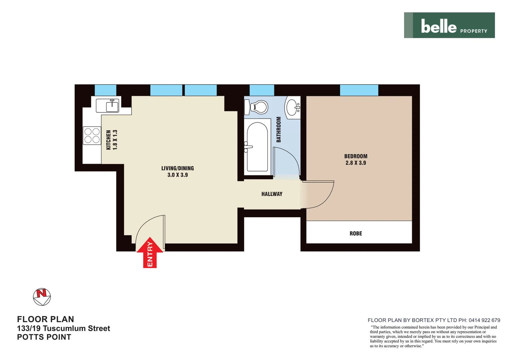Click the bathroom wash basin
coord(293,107)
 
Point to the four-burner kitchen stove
coord(92,136)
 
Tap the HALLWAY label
coord(272,194)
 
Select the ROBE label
coord(356,234)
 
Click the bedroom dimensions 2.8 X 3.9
coord(356,163)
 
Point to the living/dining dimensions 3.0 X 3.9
coord(178,175)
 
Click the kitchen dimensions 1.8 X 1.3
coord(115,140)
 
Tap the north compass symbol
coord(42,297)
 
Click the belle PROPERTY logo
coord(449,25)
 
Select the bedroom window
coord(359,90)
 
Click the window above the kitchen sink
coord(106,90)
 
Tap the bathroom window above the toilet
coord(262,90)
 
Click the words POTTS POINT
coord(44,337)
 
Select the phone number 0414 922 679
coord(484,320)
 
